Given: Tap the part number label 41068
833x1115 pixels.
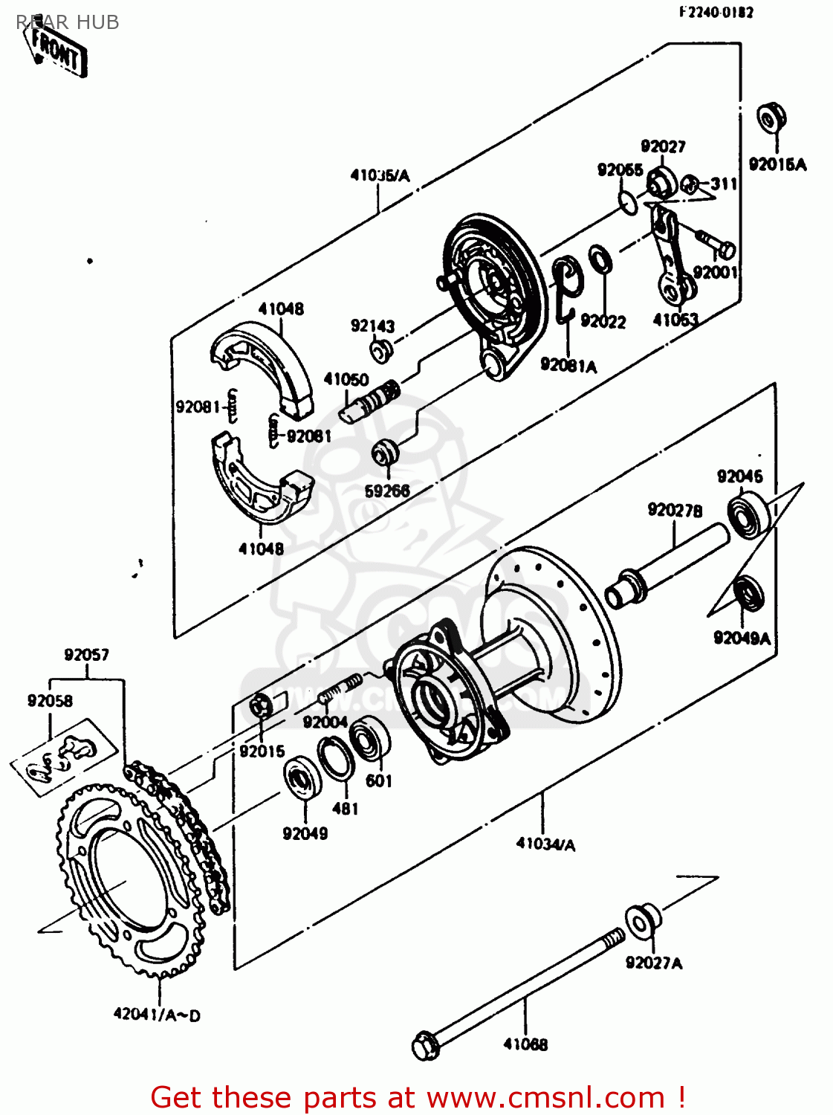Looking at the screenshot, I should (x=525, y=1044).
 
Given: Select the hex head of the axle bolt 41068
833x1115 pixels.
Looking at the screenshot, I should (x=424, y=1047).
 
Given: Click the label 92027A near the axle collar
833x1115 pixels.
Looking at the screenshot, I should (x=654, y=963).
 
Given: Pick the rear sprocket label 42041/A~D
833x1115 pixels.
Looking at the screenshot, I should (x=157, y=1014).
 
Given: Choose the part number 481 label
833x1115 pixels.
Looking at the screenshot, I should (x=345, y=809).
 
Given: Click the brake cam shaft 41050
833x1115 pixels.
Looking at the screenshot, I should (x=369, y=400).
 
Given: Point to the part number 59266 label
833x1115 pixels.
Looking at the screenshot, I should (x=387, y=491).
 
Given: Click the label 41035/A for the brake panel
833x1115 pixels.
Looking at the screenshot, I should (x=380, y=176).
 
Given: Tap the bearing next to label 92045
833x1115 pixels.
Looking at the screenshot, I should (x=747, y=515).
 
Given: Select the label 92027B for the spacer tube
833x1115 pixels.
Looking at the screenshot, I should (x=675, y=510).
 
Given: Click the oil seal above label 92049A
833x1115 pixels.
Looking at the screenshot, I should (x=748, y=592).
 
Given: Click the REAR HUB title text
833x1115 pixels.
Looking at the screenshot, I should (x=68, y=22).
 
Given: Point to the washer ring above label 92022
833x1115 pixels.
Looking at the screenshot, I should (x=600, y=259).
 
